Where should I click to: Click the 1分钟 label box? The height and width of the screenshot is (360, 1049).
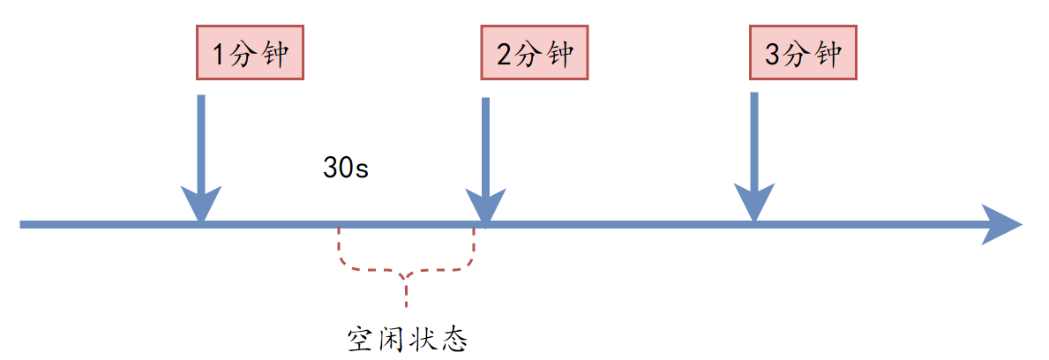pyautogui.click(x=251, y=56)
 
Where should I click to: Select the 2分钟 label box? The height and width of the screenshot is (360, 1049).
pyautogui.click(x=534, y=56)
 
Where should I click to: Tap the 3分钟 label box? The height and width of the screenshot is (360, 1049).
pyautogui.click(x=802, y=56)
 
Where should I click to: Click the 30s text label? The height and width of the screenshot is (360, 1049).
pyautogui.click(x=345, y=169)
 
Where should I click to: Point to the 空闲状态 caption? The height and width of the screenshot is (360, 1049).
pyautogui.click(x=406, y=339)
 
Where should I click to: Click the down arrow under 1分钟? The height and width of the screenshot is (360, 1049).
pyautogui.click(x=201, y=150)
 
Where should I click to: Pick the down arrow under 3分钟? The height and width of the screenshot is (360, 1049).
pyautogui.click(x=753, y=150)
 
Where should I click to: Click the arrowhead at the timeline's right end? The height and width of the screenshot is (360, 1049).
pyautogui.click(x=1001, y=224)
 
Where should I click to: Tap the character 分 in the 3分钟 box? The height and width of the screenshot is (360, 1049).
pyautogui.click(x=798, y=56)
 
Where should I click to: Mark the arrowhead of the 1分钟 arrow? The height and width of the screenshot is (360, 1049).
pyautogui.click(x=201, y=204)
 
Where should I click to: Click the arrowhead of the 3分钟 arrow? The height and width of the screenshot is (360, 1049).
pyautogui.click(x=753, y=204)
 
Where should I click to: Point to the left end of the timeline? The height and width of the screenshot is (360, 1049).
pyautogui.click(x=23, y=224)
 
